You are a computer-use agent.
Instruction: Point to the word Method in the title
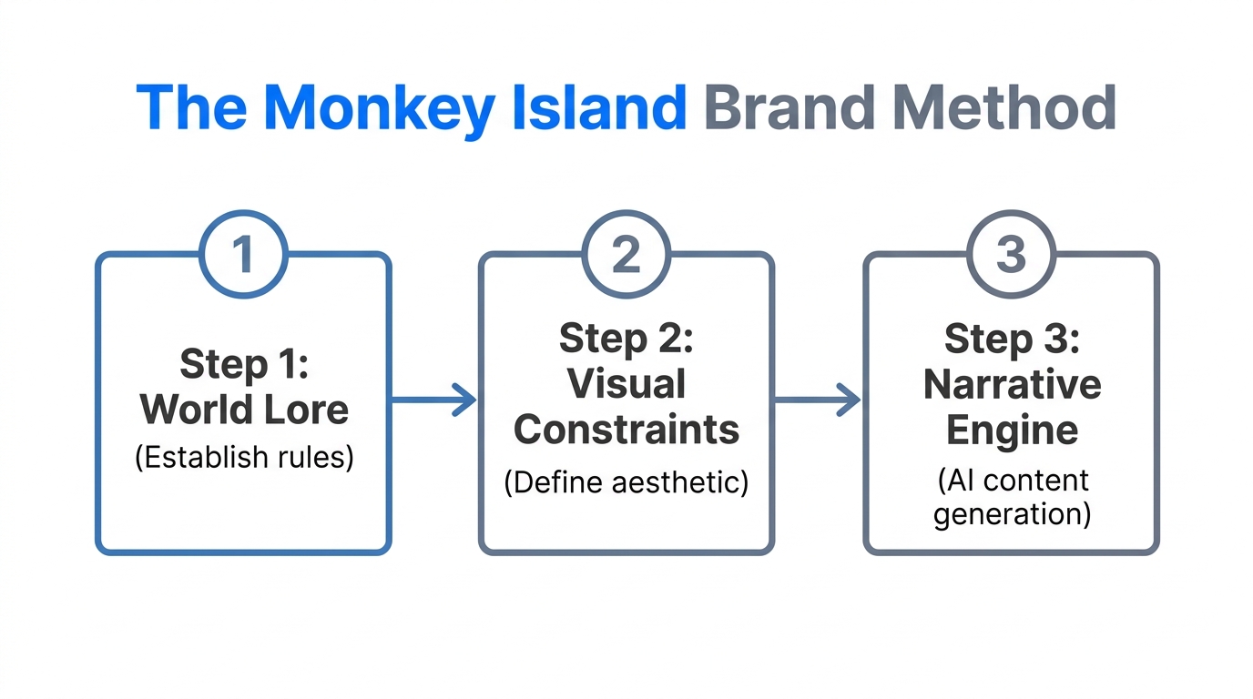pyautogui.click(x=1003, y=108)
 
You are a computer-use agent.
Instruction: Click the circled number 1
pyautogui.click(x=243, y=254)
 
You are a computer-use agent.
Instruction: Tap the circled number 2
pyautogui.click(x=626, y=254)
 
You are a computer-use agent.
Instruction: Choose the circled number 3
pyautogui.click(x=1011, y=254)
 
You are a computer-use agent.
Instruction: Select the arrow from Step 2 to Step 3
pyautogui.click(x=818, y=400)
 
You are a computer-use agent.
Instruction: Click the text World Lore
pyautogui.click(x=244, y=410)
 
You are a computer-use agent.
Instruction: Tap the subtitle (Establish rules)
pyautogui.click(x=244, y=456)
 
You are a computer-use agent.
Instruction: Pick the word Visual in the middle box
pyautogui.click(x=626, y=383)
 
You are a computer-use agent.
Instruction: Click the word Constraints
pyautogui.click(x=626, y=430)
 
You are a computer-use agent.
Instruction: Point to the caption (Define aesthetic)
pyautogui.click(x=626, y=481)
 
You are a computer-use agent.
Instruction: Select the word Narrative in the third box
pyautogui.click(x=1012, y=384)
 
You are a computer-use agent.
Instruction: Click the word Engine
pyautogui.click(x=1012, y=430)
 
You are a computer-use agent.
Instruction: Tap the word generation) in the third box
pyautogui.click(x=1012, y=514)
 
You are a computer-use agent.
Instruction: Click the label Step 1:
pyautogui.click(x=244, y=364)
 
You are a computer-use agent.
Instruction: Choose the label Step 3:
pyautogui.click(x=1012, y=339)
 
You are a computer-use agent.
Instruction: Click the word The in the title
pyautogui.click(x=192, y=108)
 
